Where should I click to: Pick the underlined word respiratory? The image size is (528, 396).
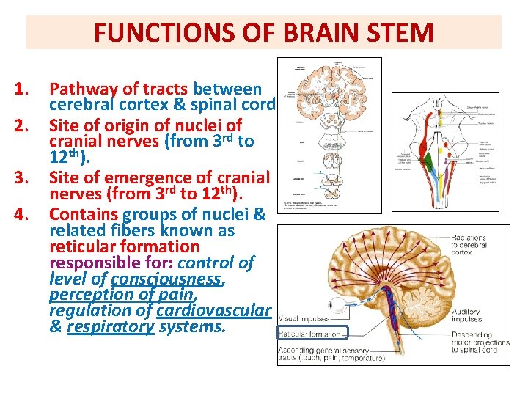click(110, 326)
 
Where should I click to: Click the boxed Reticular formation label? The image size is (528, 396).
click(308, 334)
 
